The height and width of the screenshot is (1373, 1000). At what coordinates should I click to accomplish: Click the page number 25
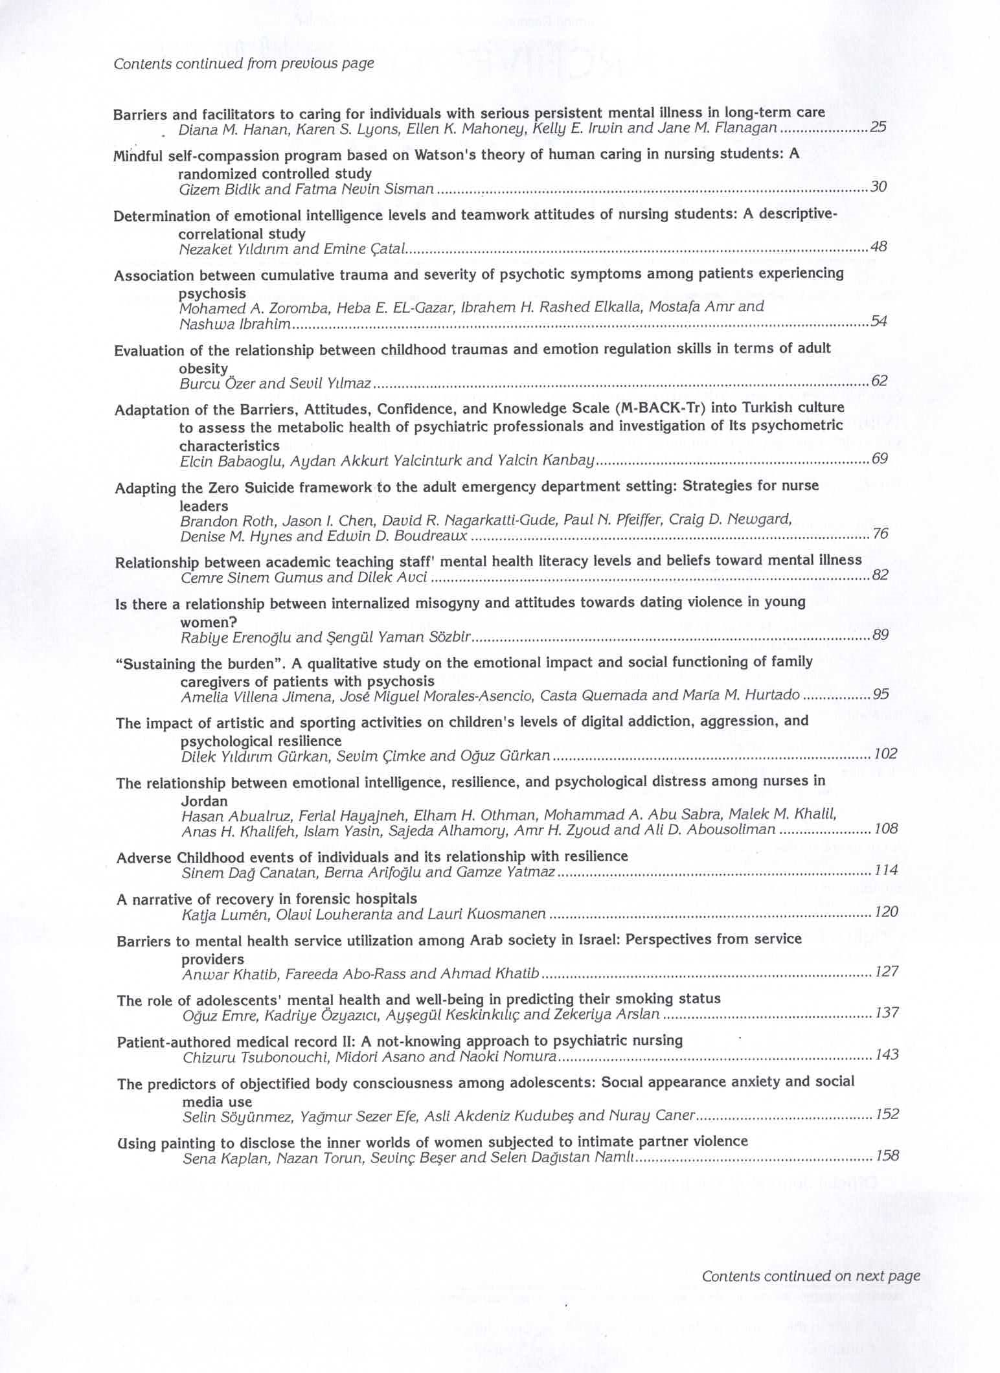click(878, 128)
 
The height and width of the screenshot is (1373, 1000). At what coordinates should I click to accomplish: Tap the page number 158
click(887, 1155)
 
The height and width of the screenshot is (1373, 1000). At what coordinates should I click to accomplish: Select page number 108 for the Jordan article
click(885, 828)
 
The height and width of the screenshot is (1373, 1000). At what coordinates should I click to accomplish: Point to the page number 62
click(879, 380)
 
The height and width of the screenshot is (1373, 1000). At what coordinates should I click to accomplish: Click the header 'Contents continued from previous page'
click(244, 63)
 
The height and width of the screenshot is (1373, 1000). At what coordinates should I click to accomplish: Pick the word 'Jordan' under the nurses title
click(204, 800)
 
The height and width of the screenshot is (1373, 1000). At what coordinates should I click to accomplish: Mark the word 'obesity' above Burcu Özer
click(203, 368)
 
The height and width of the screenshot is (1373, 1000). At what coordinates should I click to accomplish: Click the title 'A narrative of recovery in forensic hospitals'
click(267, 898)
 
